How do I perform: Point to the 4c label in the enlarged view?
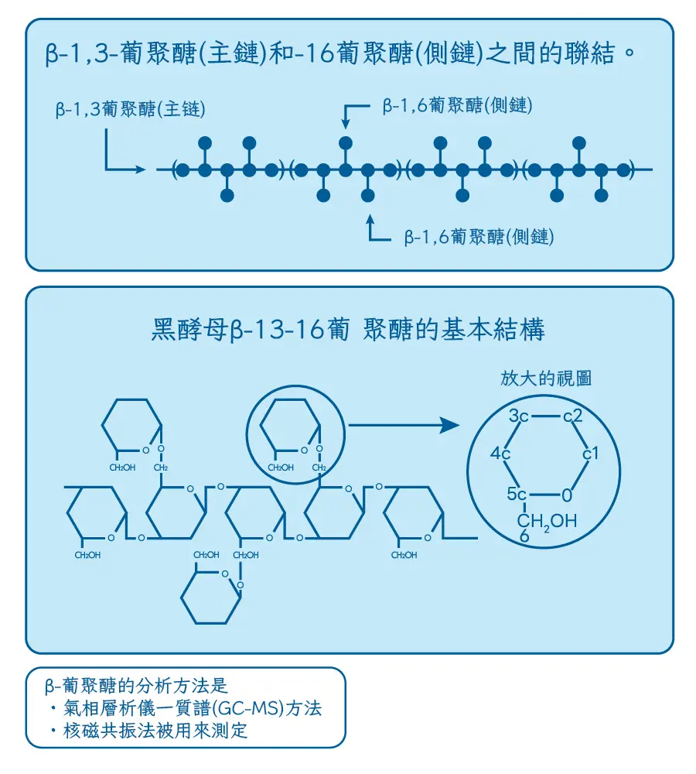tap(500, 454)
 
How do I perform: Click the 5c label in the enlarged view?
tap(517, 493)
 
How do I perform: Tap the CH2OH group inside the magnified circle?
tap(547, 521)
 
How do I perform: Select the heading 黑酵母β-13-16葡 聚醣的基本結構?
tap(348, 329)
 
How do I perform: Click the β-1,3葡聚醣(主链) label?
tap(130, 110)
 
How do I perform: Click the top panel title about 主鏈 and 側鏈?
tap(341, 56)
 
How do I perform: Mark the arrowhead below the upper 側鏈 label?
tap(346, 124)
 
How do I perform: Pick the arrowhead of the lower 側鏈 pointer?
tap(371, 219)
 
